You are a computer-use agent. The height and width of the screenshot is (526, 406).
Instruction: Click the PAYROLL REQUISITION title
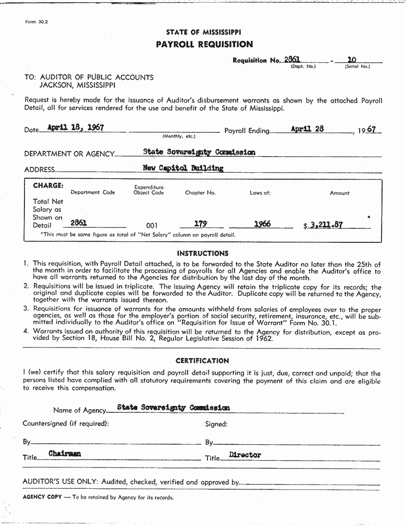coord(204,45)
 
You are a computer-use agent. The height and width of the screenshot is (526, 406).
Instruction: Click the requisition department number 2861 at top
coord(293,60)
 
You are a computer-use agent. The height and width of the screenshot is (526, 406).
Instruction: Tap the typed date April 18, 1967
coord(75,128)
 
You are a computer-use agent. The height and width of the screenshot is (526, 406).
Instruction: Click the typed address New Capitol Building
coord(183,168)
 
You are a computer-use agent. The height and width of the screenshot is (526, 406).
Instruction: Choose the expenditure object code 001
coord(152,225)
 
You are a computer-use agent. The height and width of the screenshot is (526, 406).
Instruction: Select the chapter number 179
coord(201,224)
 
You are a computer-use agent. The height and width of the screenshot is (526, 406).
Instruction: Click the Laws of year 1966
coord(262,224)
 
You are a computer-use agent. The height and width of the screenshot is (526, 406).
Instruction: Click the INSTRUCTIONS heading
coord(203,253)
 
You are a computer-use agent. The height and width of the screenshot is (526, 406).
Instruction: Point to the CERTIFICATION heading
coord(202,361)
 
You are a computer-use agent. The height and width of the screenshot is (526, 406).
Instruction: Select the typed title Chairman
coord(64,454)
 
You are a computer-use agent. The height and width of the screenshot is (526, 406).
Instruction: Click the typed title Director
coord(245,455)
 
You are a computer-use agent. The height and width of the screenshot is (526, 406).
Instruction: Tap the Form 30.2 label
coord(37,22)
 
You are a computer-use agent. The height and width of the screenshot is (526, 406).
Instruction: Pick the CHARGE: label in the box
coord(48,186)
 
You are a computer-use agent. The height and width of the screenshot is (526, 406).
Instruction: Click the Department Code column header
coord(93,192)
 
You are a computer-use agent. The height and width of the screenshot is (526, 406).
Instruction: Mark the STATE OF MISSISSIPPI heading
coord(203,32)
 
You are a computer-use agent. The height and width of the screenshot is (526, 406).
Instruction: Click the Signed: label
coord(216,424)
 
